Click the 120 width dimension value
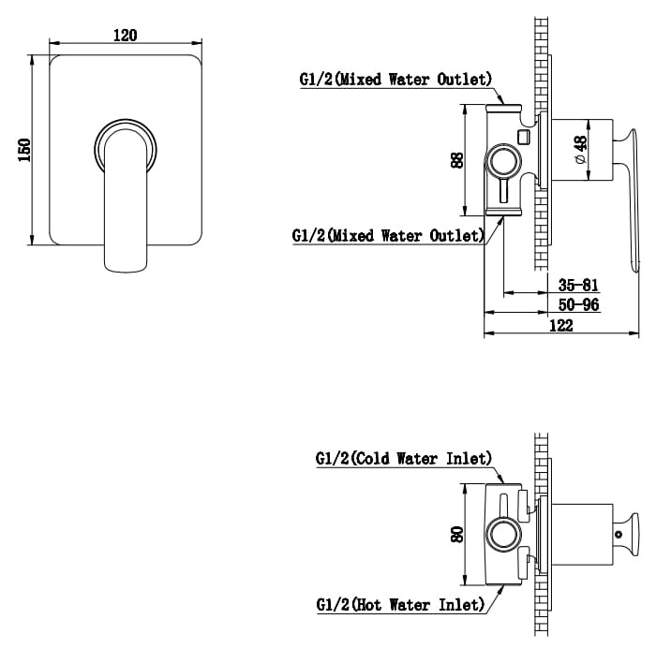pos(125,36)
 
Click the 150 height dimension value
pos(25,150)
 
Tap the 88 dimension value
pos(457,160)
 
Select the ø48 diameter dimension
pos(582,149)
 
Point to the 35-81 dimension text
pos(578,286)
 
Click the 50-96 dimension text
pos(578,305)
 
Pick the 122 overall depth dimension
pos(560,325)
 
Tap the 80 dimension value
pos(457,535)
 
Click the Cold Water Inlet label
pos(404,459)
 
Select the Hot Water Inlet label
pos(400,605)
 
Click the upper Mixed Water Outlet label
pos(395,79)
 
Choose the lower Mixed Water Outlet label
pos(388,235)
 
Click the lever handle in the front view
pos(126,200)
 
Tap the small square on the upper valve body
pos(523,137)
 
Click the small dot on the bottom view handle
pos(619,534)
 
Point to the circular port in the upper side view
pos(503,161)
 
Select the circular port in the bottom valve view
pos(504,535)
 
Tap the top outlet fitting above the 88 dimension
pos(504,108)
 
